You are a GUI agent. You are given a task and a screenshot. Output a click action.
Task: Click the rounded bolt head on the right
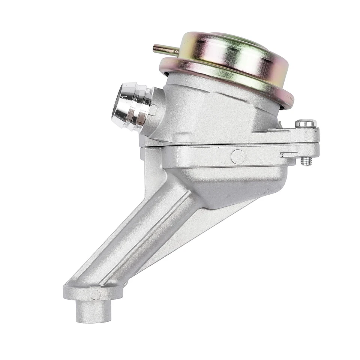point(305,123)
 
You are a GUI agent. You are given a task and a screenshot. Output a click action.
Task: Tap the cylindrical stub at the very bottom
point(93,311)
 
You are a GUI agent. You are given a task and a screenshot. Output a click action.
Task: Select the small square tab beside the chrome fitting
point(153,109)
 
